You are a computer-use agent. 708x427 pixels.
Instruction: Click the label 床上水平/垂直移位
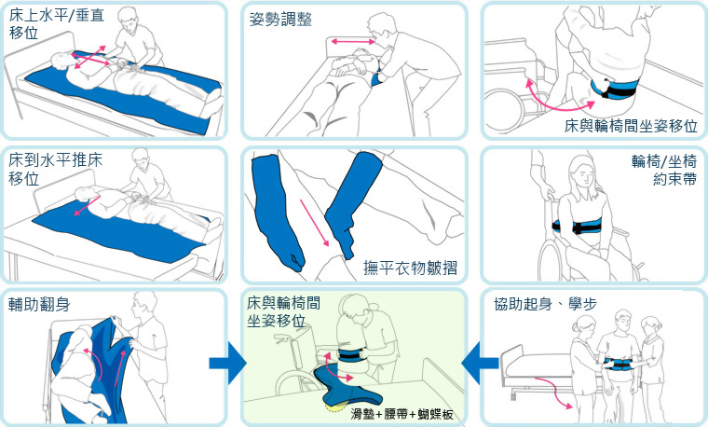(52, 24)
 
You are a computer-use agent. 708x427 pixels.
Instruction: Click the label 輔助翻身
(43, 304)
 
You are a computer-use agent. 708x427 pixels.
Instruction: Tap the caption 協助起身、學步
(546, 304)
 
